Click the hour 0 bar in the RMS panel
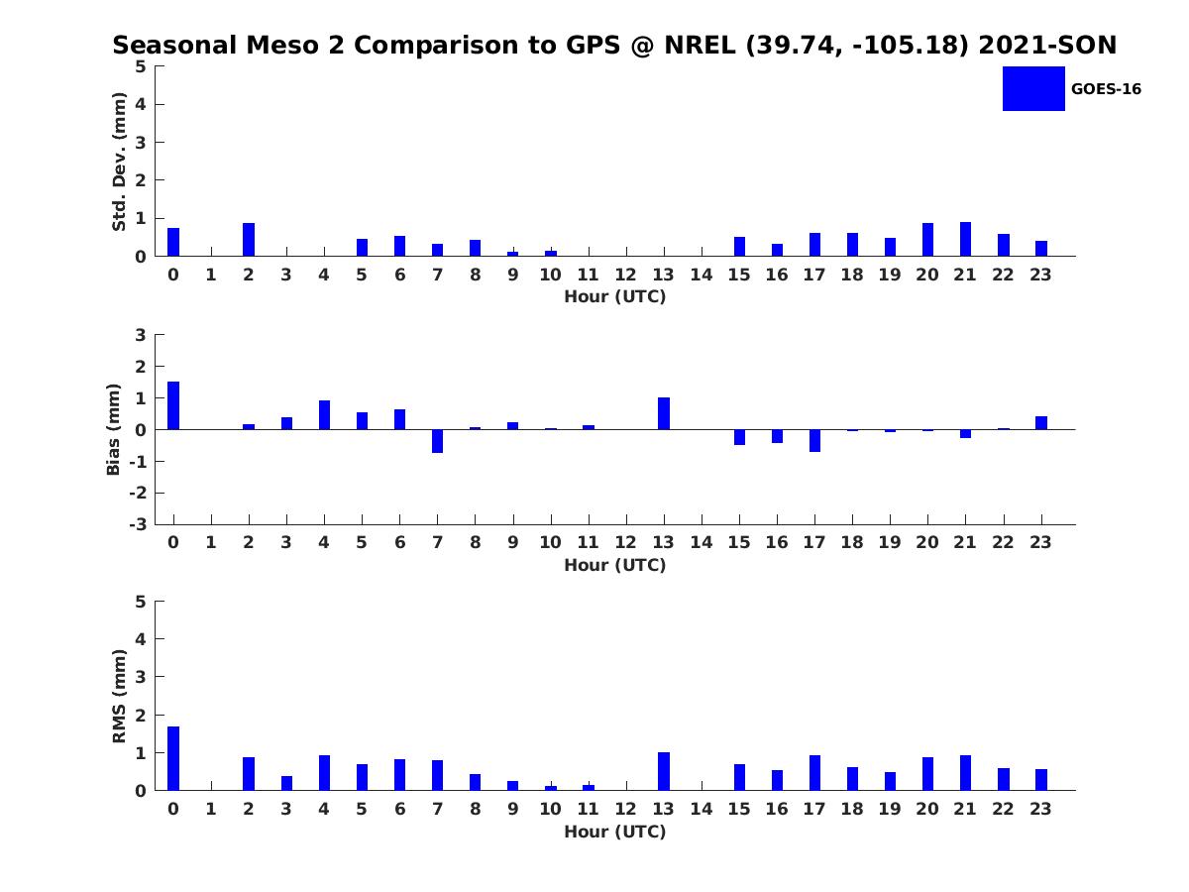[x=173, y=758]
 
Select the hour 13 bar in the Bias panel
[x=664, y=413]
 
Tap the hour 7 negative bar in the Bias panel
[x=437, y=441]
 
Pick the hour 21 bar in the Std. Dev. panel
[x=965, y=239]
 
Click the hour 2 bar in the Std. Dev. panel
[x=249, y=240]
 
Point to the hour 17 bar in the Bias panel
[x=814, y=440]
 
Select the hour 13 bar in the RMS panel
[x=664, y=771]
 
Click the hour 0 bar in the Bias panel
[x=173, y=405]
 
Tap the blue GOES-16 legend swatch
[x=1033, y=88]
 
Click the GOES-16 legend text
[x=1106, y=89]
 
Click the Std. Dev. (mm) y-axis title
[x=119, y=162]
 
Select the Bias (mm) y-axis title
[x=114, y=429]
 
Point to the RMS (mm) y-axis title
[x=119, y=696]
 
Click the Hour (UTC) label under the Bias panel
[x=614, y=565]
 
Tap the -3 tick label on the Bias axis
[x=140, y=524]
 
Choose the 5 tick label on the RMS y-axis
[x=141, y=601]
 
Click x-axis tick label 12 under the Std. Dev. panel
[x=626, y=276]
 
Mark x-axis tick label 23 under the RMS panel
[x=1040, y=809]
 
